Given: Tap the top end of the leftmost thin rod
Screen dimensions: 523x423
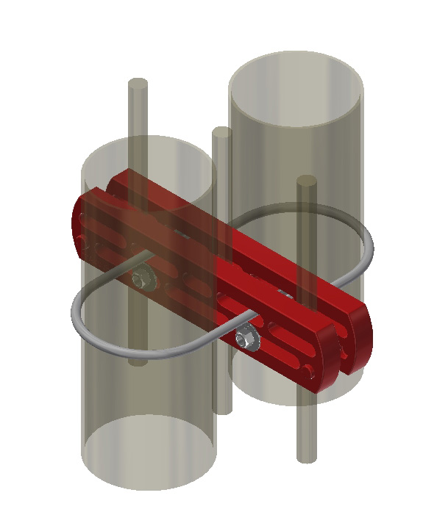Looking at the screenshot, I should tap(138, 84).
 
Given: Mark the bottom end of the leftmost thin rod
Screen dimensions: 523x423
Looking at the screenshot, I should tap(138, 360).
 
